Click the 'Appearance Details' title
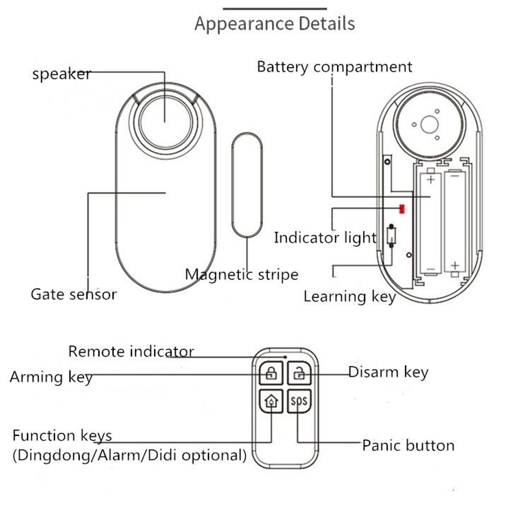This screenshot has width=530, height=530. tap(275, 24)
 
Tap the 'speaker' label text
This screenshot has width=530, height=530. tap(61, 74)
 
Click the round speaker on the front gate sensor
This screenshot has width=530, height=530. tap(165, 122)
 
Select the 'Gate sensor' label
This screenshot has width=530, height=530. tap(73, 294)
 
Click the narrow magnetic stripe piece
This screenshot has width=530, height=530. tap(247, 185)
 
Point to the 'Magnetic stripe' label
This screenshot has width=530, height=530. tap(241, 275)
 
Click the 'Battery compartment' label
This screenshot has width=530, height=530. tap(334, 67)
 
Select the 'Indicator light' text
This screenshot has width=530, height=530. tap(325, 238)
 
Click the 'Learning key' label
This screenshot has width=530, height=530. tap(349, 296)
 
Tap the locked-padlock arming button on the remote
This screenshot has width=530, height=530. tap(271, 373)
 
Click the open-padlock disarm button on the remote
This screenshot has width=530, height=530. tap(299, 373)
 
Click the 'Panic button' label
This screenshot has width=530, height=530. tap(408, 445)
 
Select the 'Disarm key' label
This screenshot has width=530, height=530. tap(388, 372)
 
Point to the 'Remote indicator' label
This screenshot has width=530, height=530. tap(131, 351)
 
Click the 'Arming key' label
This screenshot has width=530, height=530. tap(51, 377)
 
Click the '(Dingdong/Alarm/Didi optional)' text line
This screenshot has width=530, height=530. tap(130, 455)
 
